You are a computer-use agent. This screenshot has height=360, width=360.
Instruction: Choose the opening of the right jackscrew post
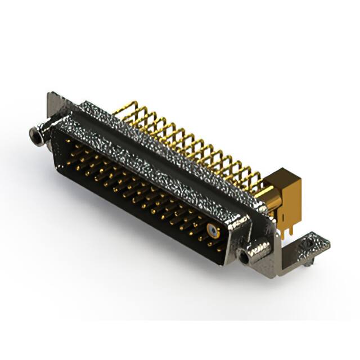pyautogui.click(x=243, y=258)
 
